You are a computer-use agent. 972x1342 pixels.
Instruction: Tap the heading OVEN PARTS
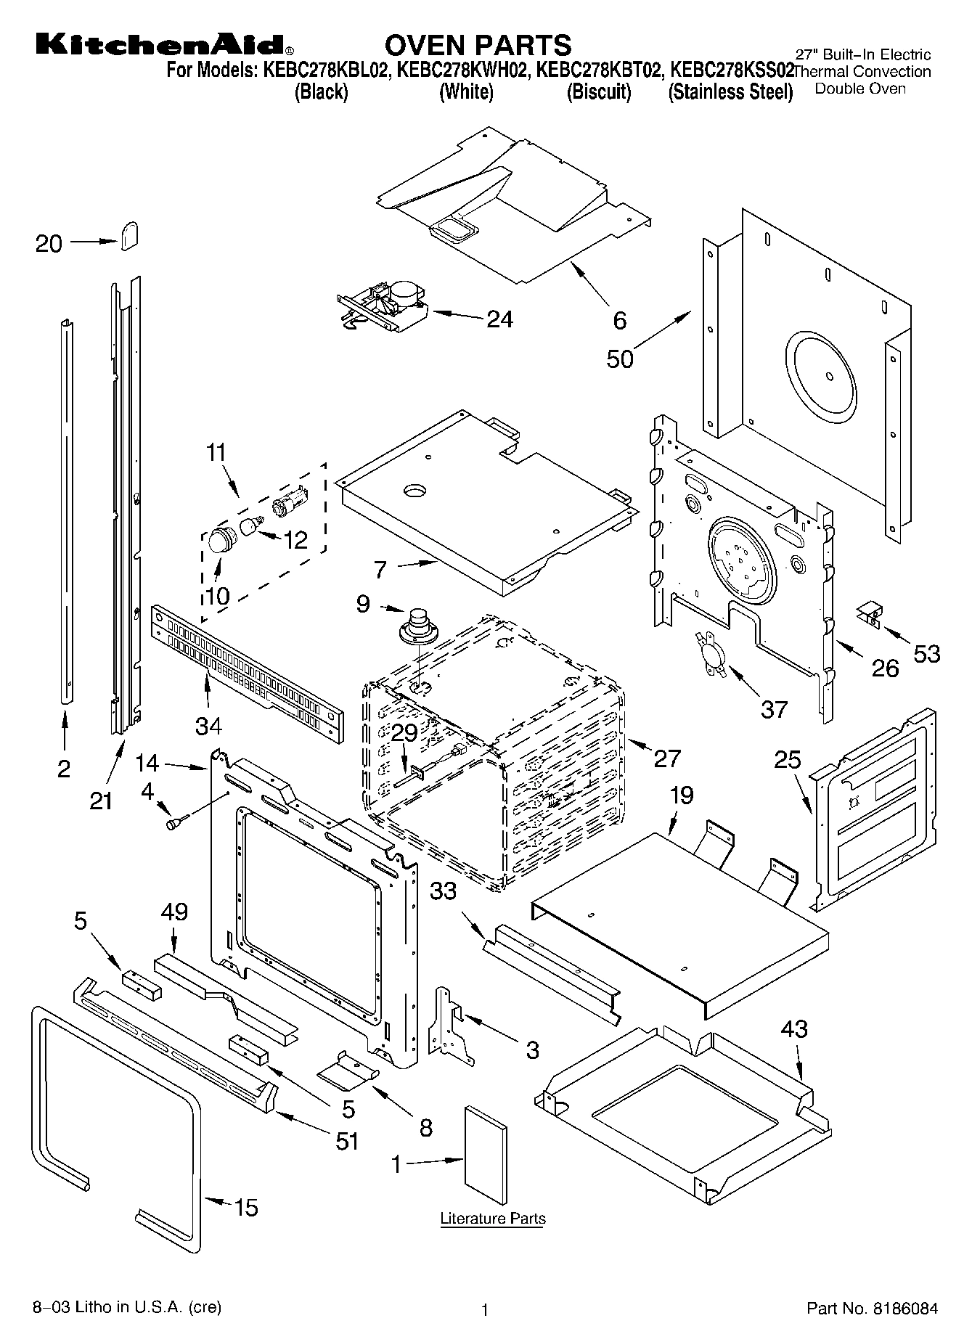coord(478,45)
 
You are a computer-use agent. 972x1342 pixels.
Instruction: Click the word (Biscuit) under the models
coord(598,92)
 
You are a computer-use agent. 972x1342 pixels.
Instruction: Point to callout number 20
coord(49,243)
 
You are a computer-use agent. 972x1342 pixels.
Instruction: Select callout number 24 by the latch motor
coord(499,319)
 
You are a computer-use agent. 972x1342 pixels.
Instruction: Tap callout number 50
coord(620,359)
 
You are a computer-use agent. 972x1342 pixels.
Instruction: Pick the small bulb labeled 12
coord(251,526)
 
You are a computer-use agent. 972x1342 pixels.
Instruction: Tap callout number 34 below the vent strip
coord(208,724)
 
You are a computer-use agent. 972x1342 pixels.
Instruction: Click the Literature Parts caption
coord(493,1218)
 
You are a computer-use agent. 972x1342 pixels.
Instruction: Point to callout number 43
coord(794,1028)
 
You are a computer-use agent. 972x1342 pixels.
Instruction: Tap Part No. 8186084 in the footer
coord(872,1309)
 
